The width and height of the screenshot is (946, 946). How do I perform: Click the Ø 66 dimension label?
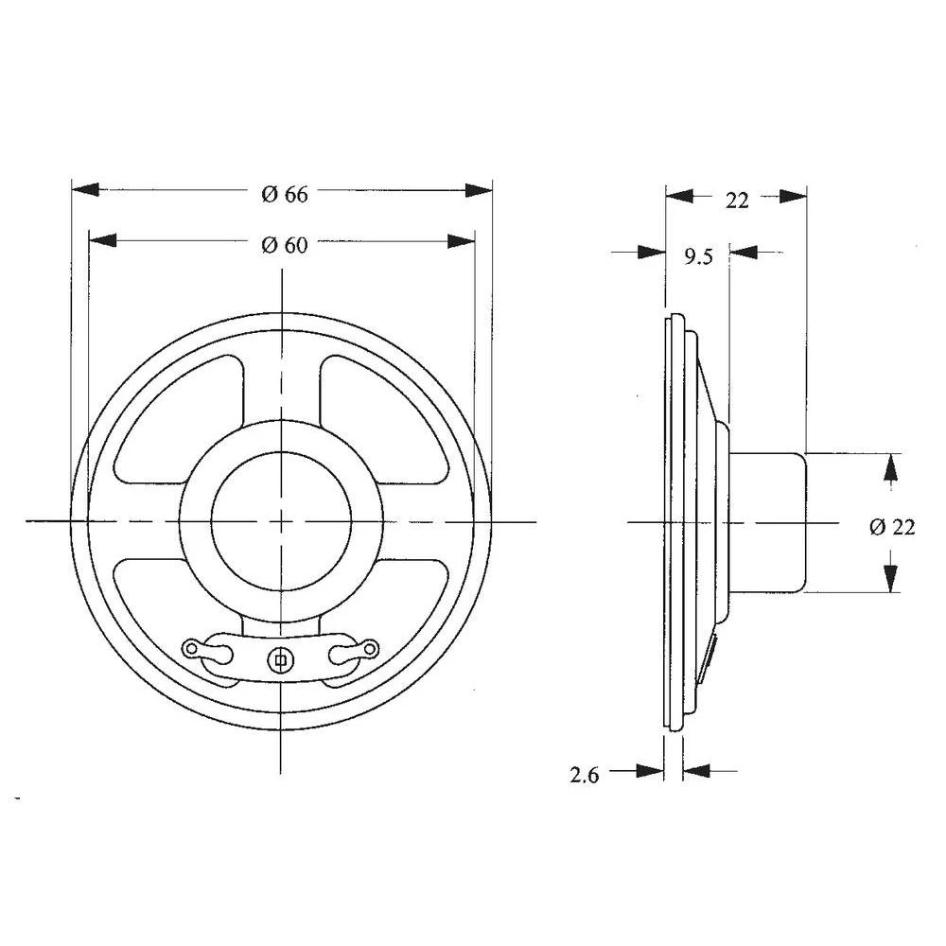click(x=284, y=194)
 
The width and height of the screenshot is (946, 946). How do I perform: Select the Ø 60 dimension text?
click(x=284, y=245)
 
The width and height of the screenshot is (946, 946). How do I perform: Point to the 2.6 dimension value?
click(x=584, y=776)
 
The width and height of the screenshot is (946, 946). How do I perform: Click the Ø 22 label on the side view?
click(x=891, y=527)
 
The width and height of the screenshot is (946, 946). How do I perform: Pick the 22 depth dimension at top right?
click(x=736, y=200)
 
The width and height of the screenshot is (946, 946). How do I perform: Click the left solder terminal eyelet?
click(x=192, y=649)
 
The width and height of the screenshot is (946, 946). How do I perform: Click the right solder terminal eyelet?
click(x=371, y=648)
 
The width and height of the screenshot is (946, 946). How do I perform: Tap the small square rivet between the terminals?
click(x=280, y=657)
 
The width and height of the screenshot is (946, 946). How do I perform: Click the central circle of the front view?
click(x=281, y=520)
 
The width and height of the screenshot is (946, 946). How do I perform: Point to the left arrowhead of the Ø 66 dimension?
click(x=85, y=190)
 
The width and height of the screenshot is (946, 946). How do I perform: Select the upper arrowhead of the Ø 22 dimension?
click(x=891, y=465)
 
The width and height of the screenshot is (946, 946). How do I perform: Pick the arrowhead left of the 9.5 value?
click(x=652, y=253)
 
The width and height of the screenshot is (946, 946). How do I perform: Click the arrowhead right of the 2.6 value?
click(x=696, y=771)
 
